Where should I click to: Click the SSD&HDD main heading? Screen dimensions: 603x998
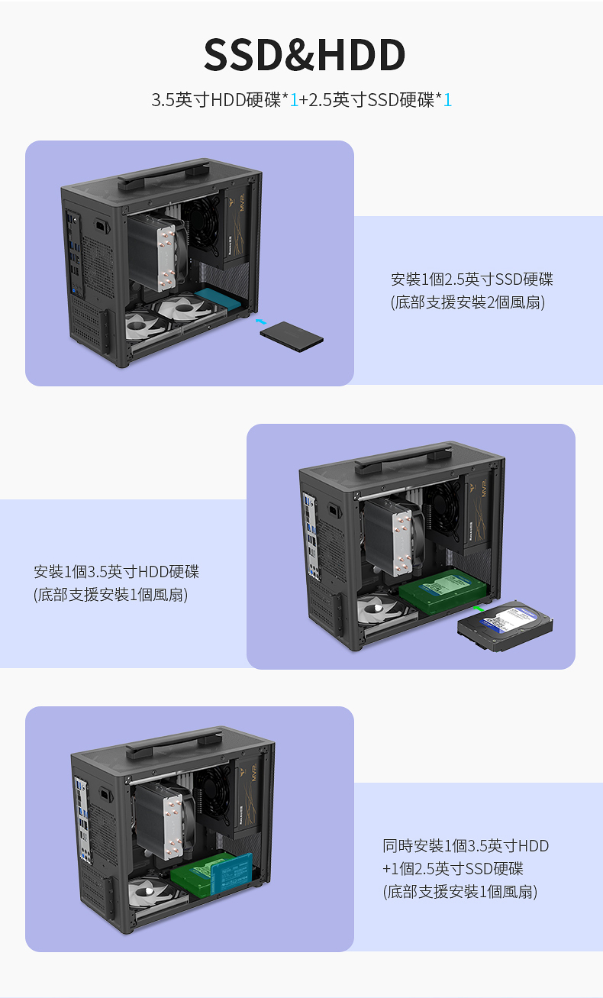pyautogui.click(x=305, y=54)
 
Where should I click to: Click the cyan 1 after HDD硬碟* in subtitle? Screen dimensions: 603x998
pyautogui.click(x=294, y=100)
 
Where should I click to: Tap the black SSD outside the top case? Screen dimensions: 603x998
pyautogui.click(x=292, y=337)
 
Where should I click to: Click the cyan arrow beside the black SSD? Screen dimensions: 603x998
pyautogui.click(x=261, y=321)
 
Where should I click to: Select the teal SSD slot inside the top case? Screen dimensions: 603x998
pyautogui.click(x=218, y=298)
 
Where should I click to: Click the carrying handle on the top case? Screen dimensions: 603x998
pyautogui.click(x=164, y=175)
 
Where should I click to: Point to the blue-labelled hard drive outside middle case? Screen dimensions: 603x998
pyautogui.click(x=505, y=625)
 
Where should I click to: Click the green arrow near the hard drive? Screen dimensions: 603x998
pyautogui.click(x=478, y=608)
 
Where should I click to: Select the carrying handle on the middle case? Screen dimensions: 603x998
pyautogui.click(x=403, y=458)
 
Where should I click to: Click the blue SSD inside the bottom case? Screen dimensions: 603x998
pyautogui.click(x=231, y=874)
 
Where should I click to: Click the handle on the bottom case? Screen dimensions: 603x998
pyautogui.click(x=174, y=743)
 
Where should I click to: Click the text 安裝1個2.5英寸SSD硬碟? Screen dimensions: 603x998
pyautogui.click(x=472, y=279)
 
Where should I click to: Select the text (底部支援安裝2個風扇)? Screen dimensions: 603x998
pyautogui.click(x=468, y=302)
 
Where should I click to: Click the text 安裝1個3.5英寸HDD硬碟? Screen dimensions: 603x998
pyautogui.click(x=117, y=572)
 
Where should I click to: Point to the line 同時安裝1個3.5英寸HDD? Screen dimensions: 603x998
pyautogui.click(x=466, y=845)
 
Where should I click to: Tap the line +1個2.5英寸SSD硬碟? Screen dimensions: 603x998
pyautogui.click(x=453, y=869)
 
